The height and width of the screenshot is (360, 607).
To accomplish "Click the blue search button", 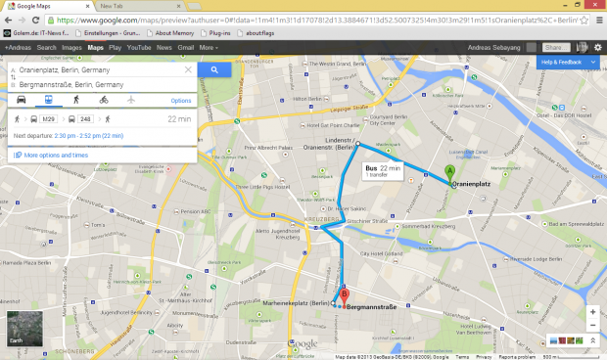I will tap(214, 69).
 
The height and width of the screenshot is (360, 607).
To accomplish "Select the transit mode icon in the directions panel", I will tap(47, 100).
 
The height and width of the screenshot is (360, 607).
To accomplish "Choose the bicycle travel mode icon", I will tap(104, 100).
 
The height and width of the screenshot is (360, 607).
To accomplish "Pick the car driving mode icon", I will tap(21, 100).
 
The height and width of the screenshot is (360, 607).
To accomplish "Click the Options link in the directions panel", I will tap(181, 101).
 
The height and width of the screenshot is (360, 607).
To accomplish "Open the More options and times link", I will tap(55, 156).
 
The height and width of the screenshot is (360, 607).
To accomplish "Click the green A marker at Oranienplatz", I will tap(450, 174).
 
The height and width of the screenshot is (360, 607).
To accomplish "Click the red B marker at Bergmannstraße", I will tap(344, 296).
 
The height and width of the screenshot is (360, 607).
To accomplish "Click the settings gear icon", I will tap(597, 46).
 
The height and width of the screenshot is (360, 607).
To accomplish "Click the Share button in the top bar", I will tap(555, 46).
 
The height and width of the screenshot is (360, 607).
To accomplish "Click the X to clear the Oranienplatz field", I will tap(189, 70).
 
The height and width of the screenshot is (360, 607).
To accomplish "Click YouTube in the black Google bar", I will tap(138, 46).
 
